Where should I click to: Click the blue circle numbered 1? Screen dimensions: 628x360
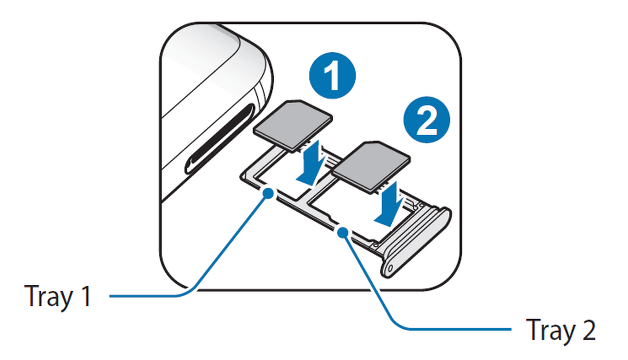point(333,76)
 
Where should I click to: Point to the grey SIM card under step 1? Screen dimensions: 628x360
point(293,124)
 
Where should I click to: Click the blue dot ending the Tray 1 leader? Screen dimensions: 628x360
point(267,194)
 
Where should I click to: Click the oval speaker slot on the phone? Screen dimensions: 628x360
point(219,139)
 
